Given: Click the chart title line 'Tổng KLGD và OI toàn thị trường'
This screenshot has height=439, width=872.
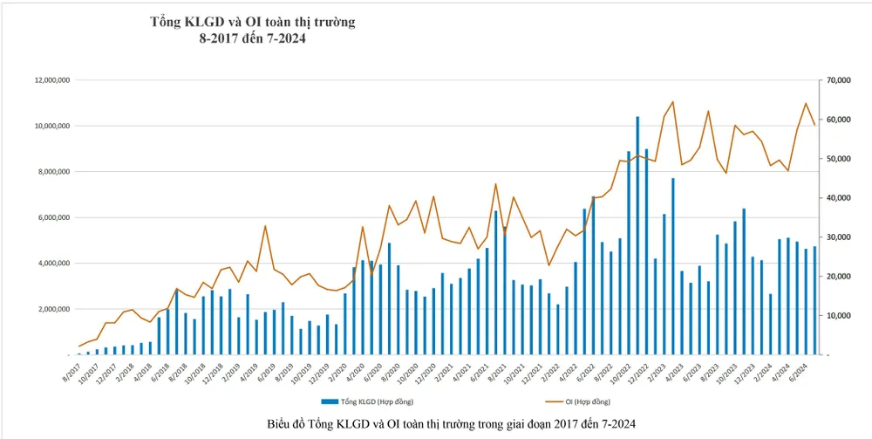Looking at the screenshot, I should (x=253, y=21).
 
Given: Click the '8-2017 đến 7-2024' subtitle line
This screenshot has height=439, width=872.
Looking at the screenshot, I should (x=253, y=39).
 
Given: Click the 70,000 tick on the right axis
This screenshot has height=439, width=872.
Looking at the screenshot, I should (x=836, y=80).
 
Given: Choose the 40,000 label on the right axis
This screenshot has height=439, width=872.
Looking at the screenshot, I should (x=836, y=198).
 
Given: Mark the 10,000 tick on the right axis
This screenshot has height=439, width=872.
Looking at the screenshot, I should (x=836, y=316).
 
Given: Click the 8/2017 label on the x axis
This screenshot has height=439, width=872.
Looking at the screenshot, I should (x=70, y=371).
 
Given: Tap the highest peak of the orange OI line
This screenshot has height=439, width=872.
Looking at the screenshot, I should (x=672, y=102).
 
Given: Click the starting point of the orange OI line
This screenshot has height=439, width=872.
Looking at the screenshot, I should (x=79, y=346).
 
